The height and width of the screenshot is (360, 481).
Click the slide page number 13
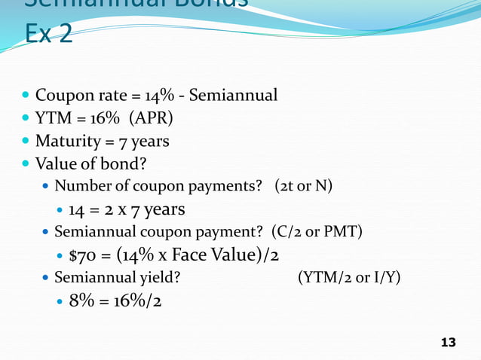pos(448,343)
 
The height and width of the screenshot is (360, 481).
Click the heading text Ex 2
pos(48,34)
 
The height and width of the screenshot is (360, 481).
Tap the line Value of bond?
pos(83,163)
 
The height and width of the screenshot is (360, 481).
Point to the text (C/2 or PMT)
pos(328,232)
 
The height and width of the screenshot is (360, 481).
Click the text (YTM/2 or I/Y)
pos(349,278)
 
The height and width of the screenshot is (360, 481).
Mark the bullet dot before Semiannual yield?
pos(46,279)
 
